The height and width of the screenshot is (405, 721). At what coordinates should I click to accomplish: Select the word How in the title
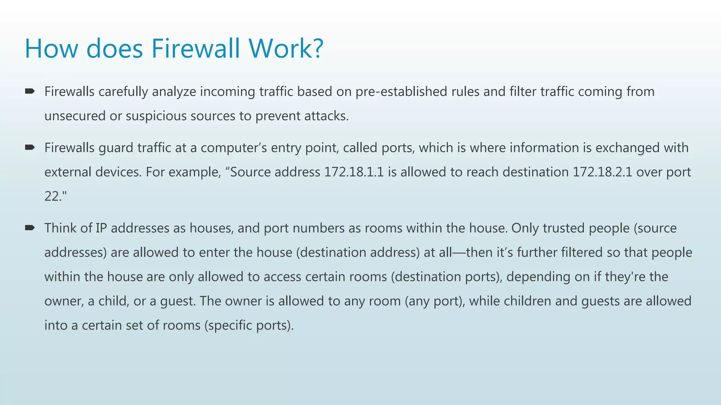(x=51, y=49)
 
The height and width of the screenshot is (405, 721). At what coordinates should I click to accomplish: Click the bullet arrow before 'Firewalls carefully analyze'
(x=30, y=91)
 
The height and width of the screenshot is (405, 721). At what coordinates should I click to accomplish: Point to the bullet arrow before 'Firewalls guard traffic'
(x=30, y=147)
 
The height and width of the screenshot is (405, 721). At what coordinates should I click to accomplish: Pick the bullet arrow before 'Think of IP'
(x=30, y=228)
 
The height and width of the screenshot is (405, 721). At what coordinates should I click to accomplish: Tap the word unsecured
(x=75, y=116)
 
